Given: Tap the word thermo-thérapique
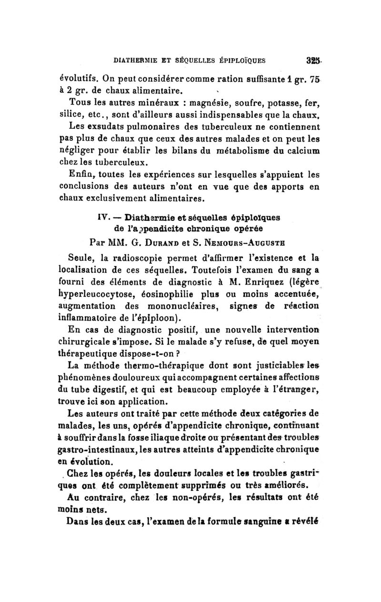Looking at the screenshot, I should [x=163, y=366].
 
